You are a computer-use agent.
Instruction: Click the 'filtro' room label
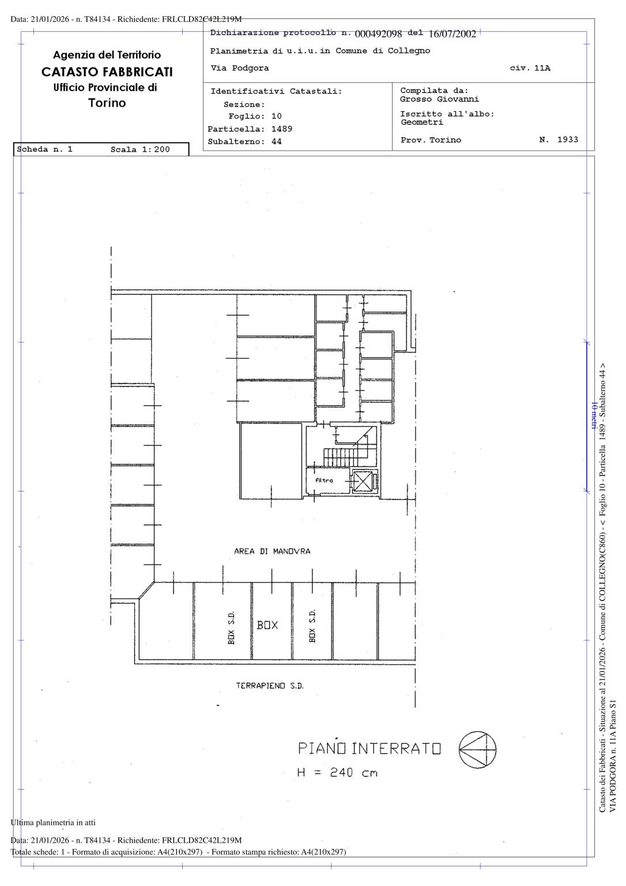[324, 480]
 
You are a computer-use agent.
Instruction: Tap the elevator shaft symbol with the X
[363, 481]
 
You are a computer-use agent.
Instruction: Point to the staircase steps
[341, 457]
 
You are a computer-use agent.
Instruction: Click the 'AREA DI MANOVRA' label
[272, 551]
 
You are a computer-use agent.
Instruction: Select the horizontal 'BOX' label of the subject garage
[267, 625]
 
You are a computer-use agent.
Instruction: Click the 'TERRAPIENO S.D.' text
[270, 686]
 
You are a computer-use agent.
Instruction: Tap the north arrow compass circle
[477, 750]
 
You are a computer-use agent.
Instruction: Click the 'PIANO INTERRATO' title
[369, 748]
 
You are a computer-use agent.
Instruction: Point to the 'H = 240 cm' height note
[337, 772]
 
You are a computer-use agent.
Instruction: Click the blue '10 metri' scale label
[594, 415]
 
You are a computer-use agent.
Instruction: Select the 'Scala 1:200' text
[140, 149]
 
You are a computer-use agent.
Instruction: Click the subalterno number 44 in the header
[276, 141]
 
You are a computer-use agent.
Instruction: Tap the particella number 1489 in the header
[282, 129]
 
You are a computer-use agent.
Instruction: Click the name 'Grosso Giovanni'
[439, 99]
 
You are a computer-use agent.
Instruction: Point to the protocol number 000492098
[378, 34]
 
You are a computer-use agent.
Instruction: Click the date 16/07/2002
[452, 34]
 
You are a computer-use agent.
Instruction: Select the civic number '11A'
[542, 68]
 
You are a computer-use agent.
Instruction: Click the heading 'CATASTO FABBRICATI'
[107, 72]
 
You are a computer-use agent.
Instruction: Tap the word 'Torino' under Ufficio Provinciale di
[107, 103]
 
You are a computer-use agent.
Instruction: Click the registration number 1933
[568, 140]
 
